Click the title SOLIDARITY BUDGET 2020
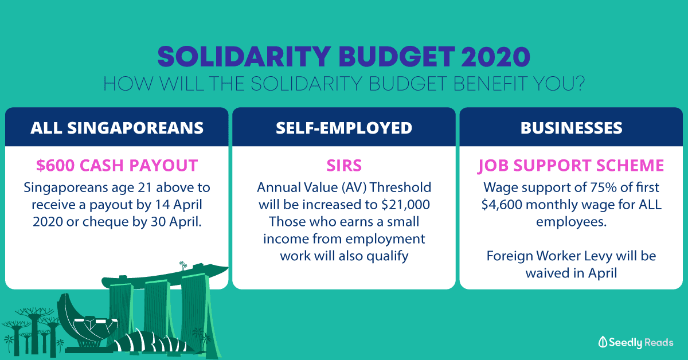click(343, 57)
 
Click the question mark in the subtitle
click(579, 84)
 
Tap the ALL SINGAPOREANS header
click(117, 128)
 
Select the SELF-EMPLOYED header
click(343, 128)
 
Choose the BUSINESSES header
click(571, 128)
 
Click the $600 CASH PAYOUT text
click(117, 165)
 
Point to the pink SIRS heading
click(344, 165)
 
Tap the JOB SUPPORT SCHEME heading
click(571, 166)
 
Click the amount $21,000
click(405, 205)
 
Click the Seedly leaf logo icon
click(603, 342)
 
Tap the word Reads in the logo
click(659, 342)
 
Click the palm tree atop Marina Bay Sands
click(183, 265)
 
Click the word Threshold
click(400, 187)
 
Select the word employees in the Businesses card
click(571, 222)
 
